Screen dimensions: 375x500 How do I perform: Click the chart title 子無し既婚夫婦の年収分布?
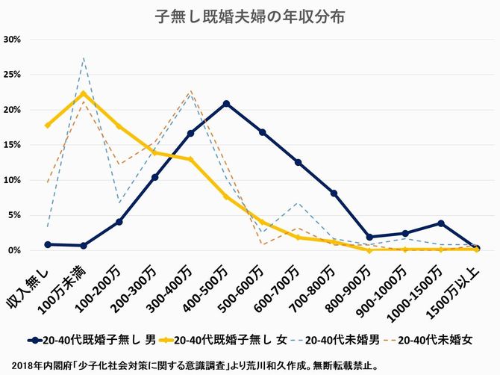[x=250, y=16]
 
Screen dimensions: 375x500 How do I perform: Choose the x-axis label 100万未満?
[x=69, y=280]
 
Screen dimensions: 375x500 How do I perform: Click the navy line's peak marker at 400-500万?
[x=226, y=103]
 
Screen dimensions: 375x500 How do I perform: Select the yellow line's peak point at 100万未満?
[x=84, y=93]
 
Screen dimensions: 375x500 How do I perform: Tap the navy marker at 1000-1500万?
[x=441, y=223]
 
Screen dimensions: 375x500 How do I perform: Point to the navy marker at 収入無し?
[x=48, y=244]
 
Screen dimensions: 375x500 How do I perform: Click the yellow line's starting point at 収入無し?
[x=48, y=125]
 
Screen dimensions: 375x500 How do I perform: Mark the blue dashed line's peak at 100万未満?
[x=84, y=58]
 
